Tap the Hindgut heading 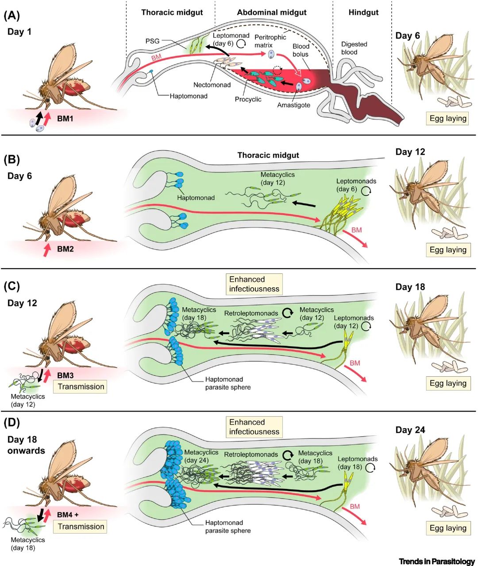pyautogui.click(x=363, y=12)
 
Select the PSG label pyautogui.click(x=152, y=41)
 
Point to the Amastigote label pyautogui.click(x=293, y=105)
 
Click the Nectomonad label pyautogui.click(x=212, y=85)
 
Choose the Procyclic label pyautogui.click(x=248, y=99)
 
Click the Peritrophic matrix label pyautogui.click(x=270, y=41)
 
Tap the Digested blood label pyautogui.click(x=354, y=48)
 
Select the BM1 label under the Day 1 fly pyautogui.click(x=65, y=119)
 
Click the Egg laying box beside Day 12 pyautogui.click(x=448, y=250)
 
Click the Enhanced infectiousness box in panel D pyautogui.click(x=254, y=427)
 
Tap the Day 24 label pyautogui.click(x=410, y=430)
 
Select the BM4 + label pyautogui.click(x=68, y=515)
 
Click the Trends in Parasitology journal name pyautogui.click(x=436, y=561)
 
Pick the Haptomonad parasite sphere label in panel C pyautogui.click(x=227, y=383)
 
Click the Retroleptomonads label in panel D pyautogui.click(x=251, y=454)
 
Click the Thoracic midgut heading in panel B pyautogui.click(x=268, y=155)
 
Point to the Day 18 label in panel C pyautogui.click(x=410, y=287)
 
